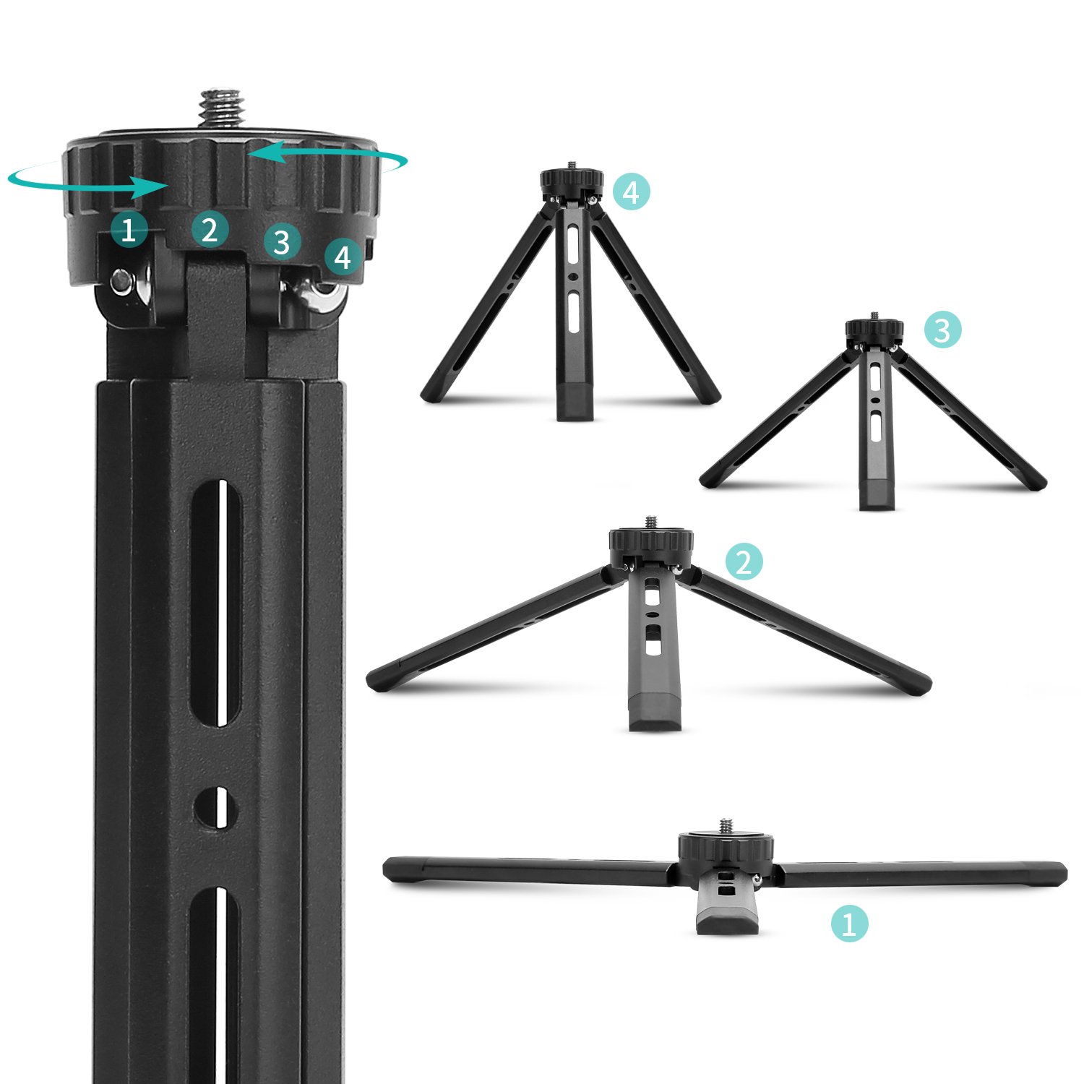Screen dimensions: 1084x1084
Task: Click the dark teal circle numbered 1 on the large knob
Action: tap(129, 230)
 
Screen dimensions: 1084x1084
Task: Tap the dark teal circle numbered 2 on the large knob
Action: tap(210, 230)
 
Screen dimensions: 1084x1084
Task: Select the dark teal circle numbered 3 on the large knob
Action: tap(282, 242)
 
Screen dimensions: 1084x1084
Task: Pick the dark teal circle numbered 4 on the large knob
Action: tap(343, 257)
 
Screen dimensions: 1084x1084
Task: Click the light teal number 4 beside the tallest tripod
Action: tap(632, 192)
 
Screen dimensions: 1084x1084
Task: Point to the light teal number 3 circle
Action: tap(943, 330)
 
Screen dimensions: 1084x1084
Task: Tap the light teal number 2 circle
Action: tap(744, 562)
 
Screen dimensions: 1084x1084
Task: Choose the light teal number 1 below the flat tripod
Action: tap(849, 924)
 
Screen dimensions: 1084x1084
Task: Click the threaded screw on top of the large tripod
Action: tap(222, 108)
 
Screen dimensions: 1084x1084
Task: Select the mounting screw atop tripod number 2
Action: tap(651, 522)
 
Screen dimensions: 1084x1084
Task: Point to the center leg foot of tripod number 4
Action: tap(575, 402)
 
